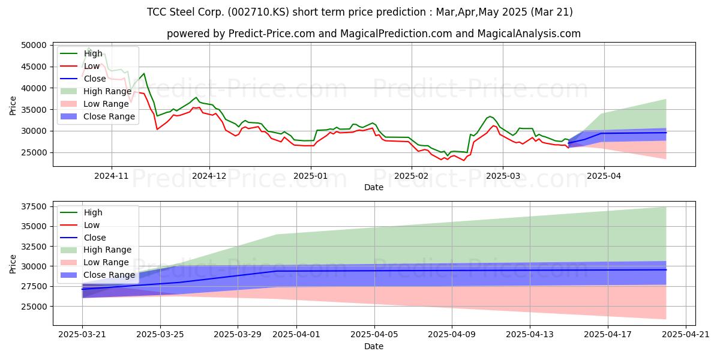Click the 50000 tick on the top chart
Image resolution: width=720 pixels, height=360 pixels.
coord(34,46)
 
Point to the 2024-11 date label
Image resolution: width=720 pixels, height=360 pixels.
coord(111,176)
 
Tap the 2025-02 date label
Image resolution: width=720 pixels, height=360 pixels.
coord(411,176)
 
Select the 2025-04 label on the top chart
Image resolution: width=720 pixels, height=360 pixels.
coord(604,176)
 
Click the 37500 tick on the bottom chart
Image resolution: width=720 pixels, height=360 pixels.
coord(34,206)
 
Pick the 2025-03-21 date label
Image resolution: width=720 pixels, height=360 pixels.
coord(82,335)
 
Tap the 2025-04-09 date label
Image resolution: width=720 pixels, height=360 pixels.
coord(452,335)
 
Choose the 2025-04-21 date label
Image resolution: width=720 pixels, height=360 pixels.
coord(685,335)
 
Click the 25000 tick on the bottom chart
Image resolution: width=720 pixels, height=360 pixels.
coord(34,307)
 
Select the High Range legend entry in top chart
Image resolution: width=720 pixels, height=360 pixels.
coord(107,91)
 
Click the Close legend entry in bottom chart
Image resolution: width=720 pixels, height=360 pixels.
coord(95,238)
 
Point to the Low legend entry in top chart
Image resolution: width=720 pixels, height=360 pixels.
coord(92,66)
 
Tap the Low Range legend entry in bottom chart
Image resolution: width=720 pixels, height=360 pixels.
coord(106,262)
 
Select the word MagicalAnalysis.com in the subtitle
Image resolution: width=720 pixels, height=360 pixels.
coord(529,34)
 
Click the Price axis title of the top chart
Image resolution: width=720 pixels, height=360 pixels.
coord(13,106)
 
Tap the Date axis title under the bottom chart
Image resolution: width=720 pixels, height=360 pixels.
coord(373,347)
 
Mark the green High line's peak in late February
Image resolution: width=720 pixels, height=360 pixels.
coord(490,116)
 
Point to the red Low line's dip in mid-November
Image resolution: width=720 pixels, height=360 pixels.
coord(157,129)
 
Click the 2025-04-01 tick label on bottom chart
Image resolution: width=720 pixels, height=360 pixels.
coord(296,335)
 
